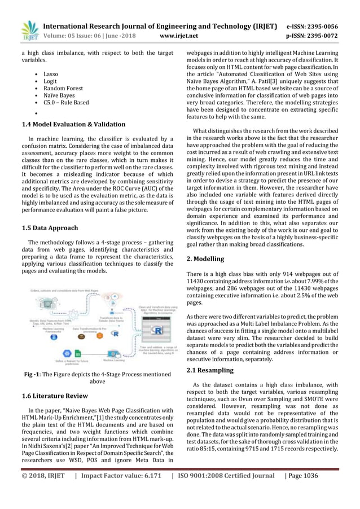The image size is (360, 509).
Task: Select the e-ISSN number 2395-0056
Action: coord(324,26)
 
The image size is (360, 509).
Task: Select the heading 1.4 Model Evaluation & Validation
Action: coord(73,124)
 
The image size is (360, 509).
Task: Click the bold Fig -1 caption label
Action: coord(38,374)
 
